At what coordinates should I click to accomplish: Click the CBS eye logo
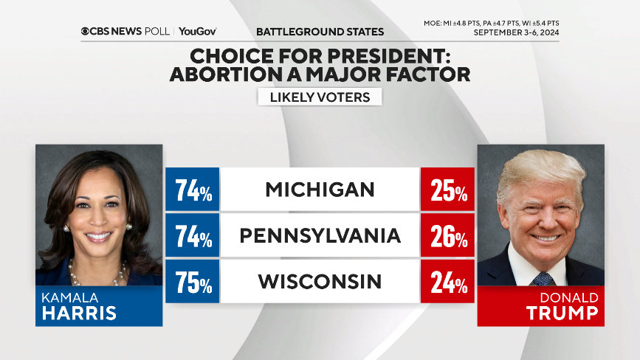coord(86,32)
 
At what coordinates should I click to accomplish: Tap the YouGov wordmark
coord(198,32)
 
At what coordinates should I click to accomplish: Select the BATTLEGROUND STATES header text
coord(320,32)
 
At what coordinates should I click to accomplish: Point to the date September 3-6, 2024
coord(516,32)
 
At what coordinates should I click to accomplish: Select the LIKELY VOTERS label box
coord(320,97)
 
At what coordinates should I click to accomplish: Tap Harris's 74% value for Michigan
coord(193,190)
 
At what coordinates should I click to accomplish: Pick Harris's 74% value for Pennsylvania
coord(193,236)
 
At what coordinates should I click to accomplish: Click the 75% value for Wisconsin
coord(193,282)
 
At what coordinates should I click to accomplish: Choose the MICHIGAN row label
coord(320,190)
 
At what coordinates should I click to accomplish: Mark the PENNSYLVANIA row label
coord(320,235)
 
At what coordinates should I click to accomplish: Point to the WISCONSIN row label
coord(320,281)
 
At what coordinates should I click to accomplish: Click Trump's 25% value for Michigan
coord(448,190)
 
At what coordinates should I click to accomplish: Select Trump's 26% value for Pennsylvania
coord(448,236)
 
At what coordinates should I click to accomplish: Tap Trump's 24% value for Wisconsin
coord(448,282)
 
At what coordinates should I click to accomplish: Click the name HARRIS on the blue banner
coord(78,312)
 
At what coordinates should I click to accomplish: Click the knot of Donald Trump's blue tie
coord(543,277)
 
